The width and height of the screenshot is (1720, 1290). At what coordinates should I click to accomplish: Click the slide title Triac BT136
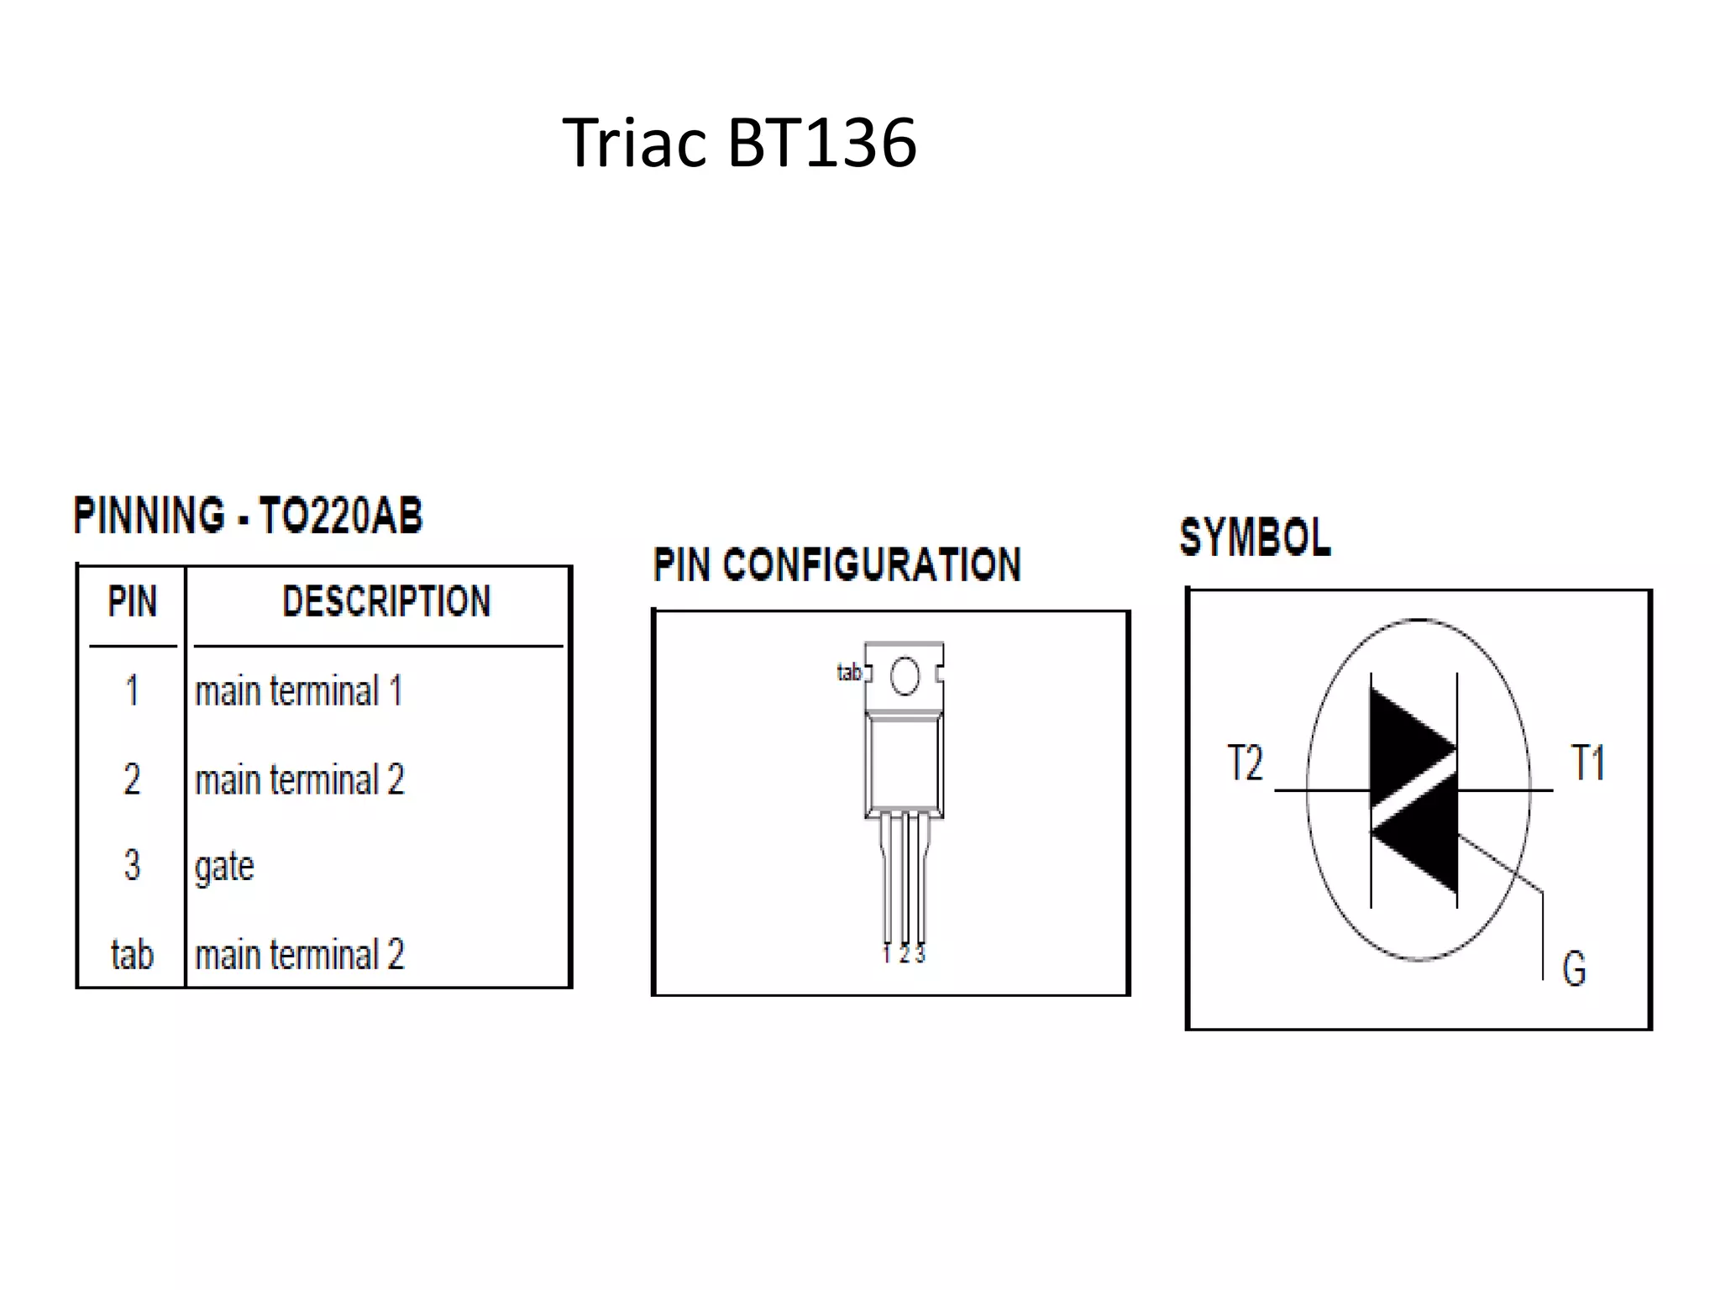coord(739,143)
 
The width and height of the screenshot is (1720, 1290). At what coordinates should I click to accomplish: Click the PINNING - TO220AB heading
coord(248,516)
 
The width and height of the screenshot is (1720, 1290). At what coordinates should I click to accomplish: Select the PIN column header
coord(132,601)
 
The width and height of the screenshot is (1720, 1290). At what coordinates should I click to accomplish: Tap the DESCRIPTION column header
coord(386,601)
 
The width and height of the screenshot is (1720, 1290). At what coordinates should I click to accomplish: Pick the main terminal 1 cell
coord(299,691)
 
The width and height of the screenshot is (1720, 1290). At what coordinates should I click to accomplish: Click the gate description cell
coord(224,866)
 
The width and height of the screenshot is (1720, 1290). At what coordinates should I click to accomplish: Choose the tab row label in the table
coord(132,955)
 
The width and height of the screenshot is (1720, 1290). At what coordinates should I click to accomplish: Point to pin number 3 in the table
coord(132,865)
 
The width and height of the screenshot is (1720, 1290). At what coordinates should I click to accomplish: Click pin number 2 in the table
coord(132,779)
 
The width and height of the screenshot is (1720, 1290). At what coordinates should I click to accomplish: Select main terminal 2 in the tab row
coord(300,955)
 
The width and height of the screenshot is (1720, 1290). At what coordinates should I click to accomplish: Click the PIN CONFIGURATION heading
coord(836,564)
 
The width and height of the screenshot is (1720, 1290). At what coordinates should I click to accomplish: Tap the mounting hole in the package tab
coord(905,676)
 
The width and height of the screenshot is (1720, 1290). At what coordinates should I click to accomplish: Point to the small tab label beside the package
coord(849,672)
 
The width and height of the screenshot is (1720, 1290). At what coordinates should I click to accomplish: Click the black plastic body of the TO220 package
coord(904,764)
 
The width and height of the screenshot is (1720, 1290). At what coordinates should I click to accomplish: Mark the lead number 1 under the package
coord(887,955)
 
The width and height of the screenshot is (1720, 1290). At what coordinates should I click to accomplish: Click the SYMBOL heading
coord(1255,537)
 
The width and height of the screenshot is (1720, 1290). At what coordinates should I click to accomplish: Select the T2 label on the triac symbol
coord(1245,763)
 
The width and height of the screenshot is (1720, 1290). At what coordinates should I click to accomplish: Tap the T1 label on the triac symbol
coord(1587,763)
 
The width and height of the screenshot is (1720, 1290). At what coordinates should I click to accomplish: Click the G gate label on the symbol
coord(1574,968)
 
